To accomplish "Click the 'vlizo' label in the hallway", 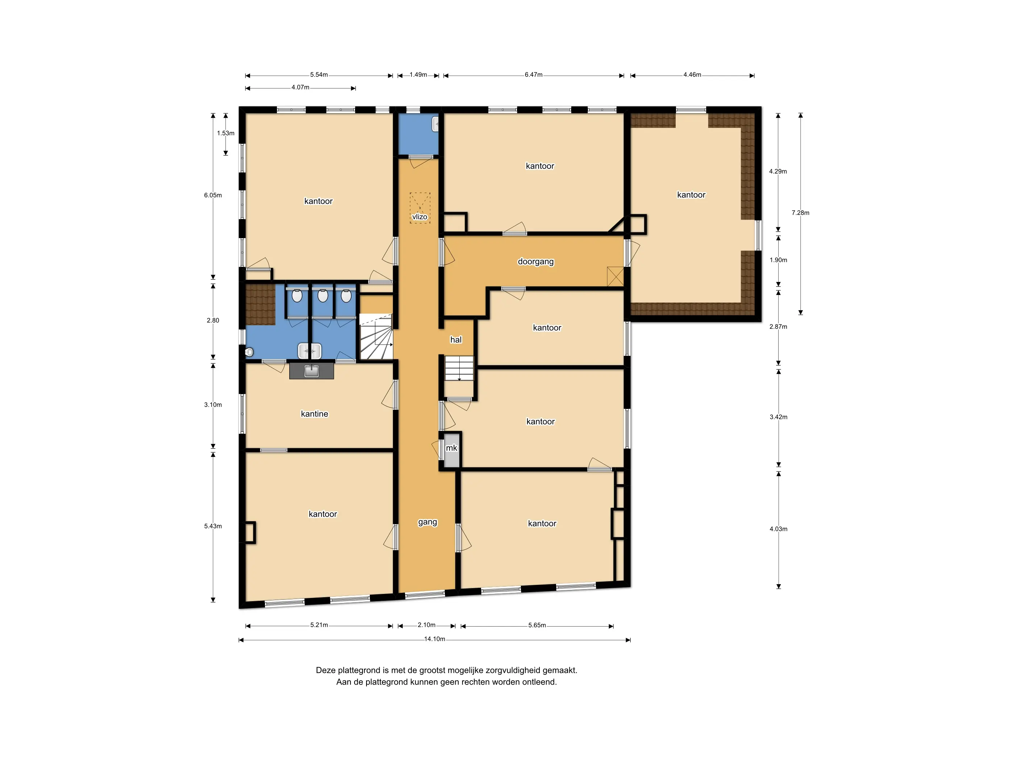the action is click(x=419, y=217).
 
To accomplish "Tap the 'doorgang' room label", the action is click(x=535, y=262).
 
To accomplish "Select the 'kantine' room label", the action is click(x=314, y=414).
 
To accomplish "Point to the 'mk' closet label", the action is click(x=452, y=448).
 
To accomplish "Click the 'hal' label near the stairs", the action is click(x=456, y=340).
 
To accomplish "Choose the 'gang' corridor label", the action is click(x=428, y=522).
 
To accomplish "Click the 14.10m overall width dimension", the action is click(x=435, y=639).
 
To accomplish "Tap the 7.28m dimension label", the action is click(x=800, y=213).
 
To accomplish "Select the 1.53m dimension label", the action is click(x=226, y=133).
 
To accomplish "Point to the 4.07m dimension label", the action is click(x=300, y=87).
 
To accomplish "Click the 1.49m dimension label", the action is click(x=418, y=75).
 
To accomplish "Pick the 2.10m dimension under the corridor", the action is click(x=426, y=625).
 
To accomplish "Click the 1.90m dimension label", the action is click(x=778, y=260).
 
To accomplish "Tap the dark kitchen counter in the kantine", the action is click(x=311, y=371).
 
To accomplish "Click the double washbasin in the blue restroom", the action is click(x=310, y=351).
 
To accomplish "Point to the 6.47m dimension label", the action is click(x=534, y=75).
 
